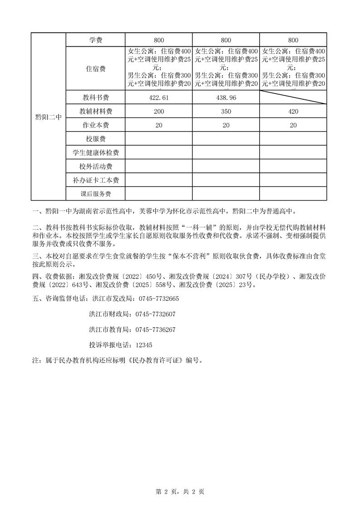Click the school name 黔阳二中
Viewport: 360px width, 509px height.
pyautogui.click(x=48, y=117)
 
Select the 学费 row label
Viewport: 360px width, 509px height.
pyautogui.click(x=96, y=40)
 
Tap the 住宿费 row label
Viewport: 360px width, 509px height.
pyautogui.click(x=96, y=69)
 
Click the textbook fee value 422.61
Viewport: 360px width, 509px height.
pyautogui.click(x=159, y=98)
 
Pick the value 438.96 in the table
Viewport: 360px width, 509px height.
pyautogui.click(x=226, y=98)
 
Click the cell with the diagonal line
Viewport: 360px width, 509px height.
pyautogui.click(x=293, y=98)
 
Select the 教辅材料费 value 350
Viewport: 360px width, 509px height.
pyautogui.click(x=226, y=112)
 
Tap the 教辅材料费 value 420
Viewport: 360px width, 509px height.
pyautogui.click(x=293, y=112)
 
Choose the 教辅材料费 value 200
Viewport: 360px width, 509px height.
pyautogui.click(x=159, y=112)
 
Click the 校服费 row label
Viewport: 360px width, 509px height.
pyautogui.click(x=96, y=139)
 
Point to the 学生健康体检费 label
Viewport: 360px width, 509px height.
pyautogui.click(x=96, y=152)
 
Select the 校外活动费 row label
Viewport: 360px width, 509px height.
pyautogui.click(x=96, y=166)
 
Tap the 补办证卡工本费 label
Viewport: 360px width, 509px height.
pyautogui.click(x=96, y=181)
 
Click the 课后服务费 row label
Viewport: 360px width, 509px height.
pyautogui.click(x=96, y=194)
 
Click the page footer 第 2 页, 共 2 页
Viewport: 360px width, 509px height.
pyautogui.click(x=180, y=491)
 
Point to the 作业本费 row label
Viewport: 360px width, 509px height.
pyautogui.click(x=96, y=125)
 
